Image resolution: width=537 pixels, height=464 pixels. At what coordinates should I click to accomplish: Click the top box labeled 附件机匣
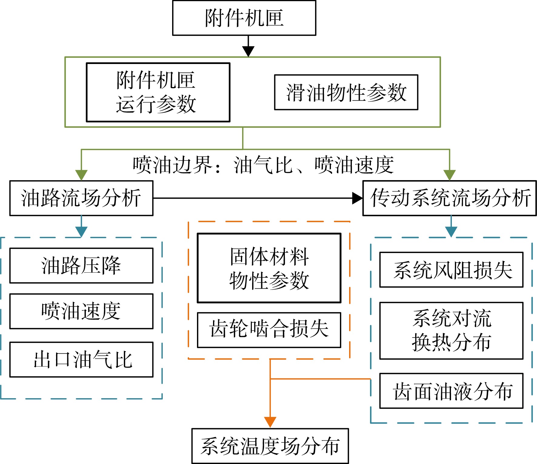coord(244,18)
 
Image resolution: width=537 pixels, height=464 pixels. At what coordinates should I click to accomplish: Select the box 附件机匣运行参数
coord(158,92)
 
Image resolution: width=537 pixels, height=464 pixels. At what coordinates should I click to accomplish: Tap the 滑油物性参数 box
coord(346,92)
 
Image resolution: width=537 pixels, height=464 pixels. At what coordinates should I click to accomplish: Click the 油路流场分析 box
coord(81,198)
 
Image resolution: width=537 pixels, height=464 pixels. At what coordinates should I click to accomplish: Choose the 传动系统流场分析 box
coord(449,198)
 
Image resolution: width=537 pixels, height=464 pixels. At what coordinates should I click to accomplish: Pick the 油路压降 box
coord(81,266)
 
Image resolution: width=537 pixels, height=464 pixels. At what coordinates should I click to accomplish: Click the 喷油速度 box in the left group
coord(81,311)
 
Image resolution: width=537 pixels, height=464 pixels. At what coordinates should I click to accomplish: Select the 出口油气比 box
coord(81,360)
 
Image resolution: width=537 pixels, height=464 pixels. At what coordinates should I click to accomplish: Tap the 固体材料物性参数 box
coord(269,268)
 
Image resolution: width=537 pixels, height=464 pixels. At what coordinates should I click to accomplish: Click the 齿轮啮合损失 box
coord(269,330)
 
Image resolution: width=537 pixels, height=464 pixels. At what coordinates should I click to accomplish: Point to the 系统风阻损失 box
coord(451,270)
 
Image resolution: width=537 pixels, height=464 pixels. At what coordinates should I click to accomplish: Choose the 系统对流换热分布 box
coord(451,331)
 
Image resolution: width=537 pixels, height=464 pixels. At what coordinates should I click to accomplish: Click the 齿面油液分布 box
coord(451,391)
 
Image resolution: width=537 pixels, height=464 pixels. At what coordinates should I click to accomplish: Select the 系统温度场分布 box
coord(270,446)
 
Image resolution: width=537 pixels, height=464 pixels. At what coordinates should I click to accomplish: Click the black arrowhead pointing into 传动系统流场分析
coord(357,198)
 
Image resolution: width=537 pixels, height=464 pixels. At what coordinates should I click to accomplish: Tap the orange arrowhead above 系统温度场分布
coord(270,422)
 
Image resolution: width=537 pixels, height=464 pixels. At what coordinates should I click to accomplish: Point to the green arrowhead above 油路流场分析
coord(81,175)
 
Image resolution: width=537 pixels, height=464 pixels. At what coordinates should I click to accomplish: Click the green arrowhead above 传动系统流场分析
coord(449,175)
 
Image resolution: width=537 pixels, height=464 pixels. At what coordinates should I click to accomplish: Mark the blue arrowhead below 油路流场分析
coord(81,232)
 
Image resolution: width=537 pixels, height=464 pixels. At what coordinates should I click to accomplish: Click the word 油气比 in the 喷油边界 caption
coord(263,165)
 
